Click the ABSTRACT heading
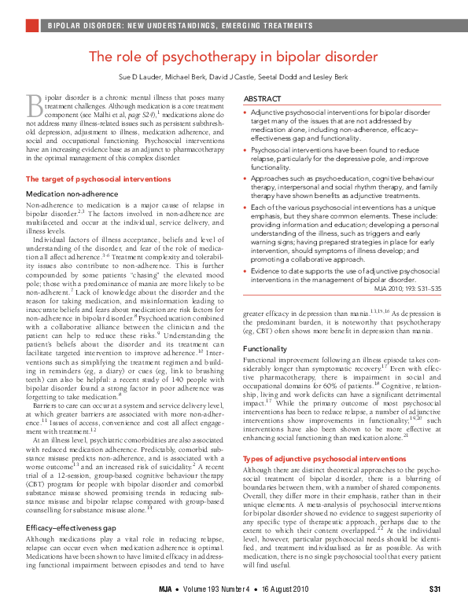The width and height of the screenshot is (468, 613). (263, 98)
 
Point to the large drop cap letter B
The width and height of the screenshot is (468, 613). (35, 102)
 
